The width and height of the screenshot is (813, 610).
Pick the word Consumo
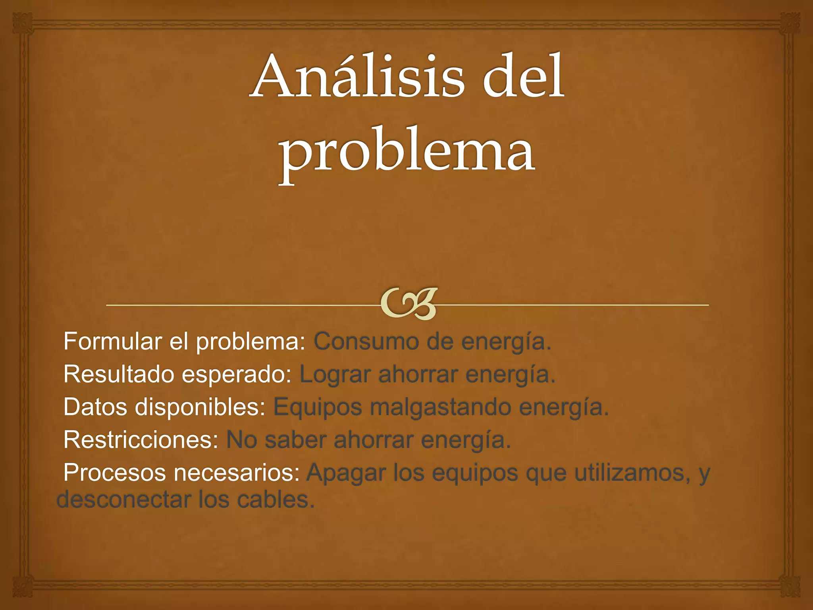[x=365, y=341]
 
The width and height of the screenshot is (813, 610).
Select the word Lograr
[x=335, y=374]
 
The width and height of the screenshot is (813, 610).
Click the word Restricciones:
[x=141, y=440]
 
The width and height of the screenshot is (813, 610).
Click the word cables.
[x=275, y=499]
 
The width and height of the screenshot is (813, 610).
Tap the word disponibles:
[x=200, y=407]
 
